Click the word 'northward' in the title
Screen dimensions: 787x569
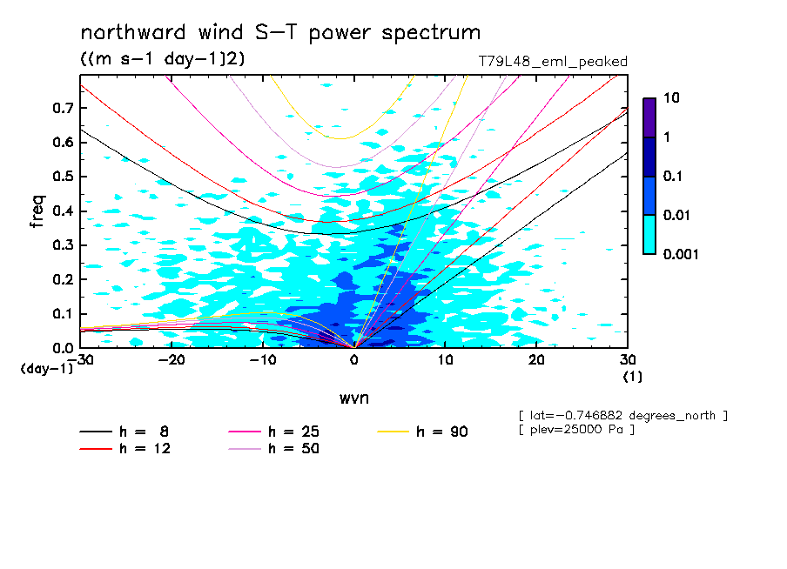pyautogui.click(x=133, y=32)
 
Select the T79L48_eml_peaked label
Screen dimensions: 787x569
pyautogui.click(x=553, y=62)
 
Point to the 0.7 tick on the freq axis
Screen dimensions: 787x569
pyautogui.click(x=63, y=108)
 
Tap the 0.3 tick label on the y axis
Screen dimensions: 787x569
pyautogui.click(x=63, y=245)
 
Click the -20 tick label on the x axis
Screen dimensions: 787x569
pyautogui.click(x=172, y=360)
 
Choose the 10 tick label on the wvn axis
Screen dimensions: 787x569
pyautogui.click(x=445, y=360)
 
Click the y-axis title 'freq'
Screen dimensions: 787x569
pyautogui.click(x=37, y=211)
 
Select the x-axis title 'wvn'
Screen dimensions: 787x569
pyautogui.click(x=354, y=398)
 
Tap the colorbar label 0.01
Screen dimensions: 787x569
pyautogui.click(x=677, y=215)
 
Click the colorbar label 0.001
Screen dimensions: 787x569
pyautogui.click(x=681, y=254)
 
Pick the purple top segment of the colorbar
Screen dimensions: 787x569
pyautogui.click(x=649, y=118)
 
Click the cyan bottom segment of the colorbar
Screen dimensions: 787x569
pyautogui.click(x=649, y=235)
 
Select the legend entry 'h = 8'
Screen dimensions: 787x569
pyautogui.click(x=124, y=432)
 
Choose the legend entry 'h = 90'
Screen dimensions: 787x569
pyautogui.click(x=422, y=432)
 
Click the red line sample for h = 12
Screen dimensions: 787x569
pyautogui.click(x=96, y=449)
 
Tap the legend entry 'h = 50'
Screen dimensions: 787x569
pyautogui.click(x=274, y=449)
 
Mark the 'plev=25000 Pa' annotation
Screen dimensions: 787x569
pyautogui.click(x=576, y=430)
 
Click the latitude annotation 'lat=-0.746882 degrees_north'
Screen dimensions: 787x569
pyautogui.click(x=622, y=416)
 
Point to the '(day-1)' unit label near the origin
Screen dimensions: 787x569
pyautogui.click(x=46, y=369)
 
